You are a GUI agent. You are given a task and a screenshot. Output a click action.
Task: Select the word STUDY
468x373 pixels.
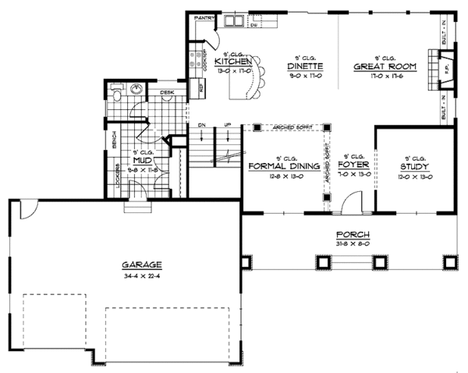pyautogui.click(x=413, y=166)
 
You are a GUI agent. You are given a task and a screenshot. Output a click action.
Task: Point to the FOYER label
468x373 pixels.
pyautogui.click(x=353, y=165)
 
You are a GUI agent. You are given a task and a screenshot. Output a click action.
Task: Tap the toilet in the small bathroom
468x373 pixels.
pyautogui.click(x=116, y=94)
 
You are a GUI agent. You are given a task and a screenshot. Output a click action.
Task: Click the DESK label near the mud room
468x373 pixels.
pyautogui.click(x=166, y=93)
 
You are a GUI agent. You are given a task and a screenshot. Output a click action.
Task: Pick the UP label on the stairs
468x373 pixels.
pyautogui.click(x=228, y=124)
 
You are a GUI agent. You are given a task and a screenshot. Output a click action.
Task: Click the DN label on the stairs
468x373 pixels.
pyautogui.click(x=201, y=124)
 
